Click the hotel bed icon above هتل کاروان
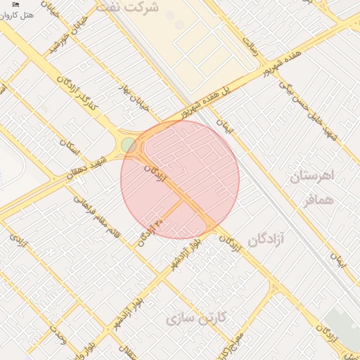pyautogui.click(x=15, y=5)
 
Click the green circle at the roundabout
pyautogui.click(x=129, y=145)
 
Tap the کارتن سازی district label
pyautogui.click(x=196, y=319)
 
